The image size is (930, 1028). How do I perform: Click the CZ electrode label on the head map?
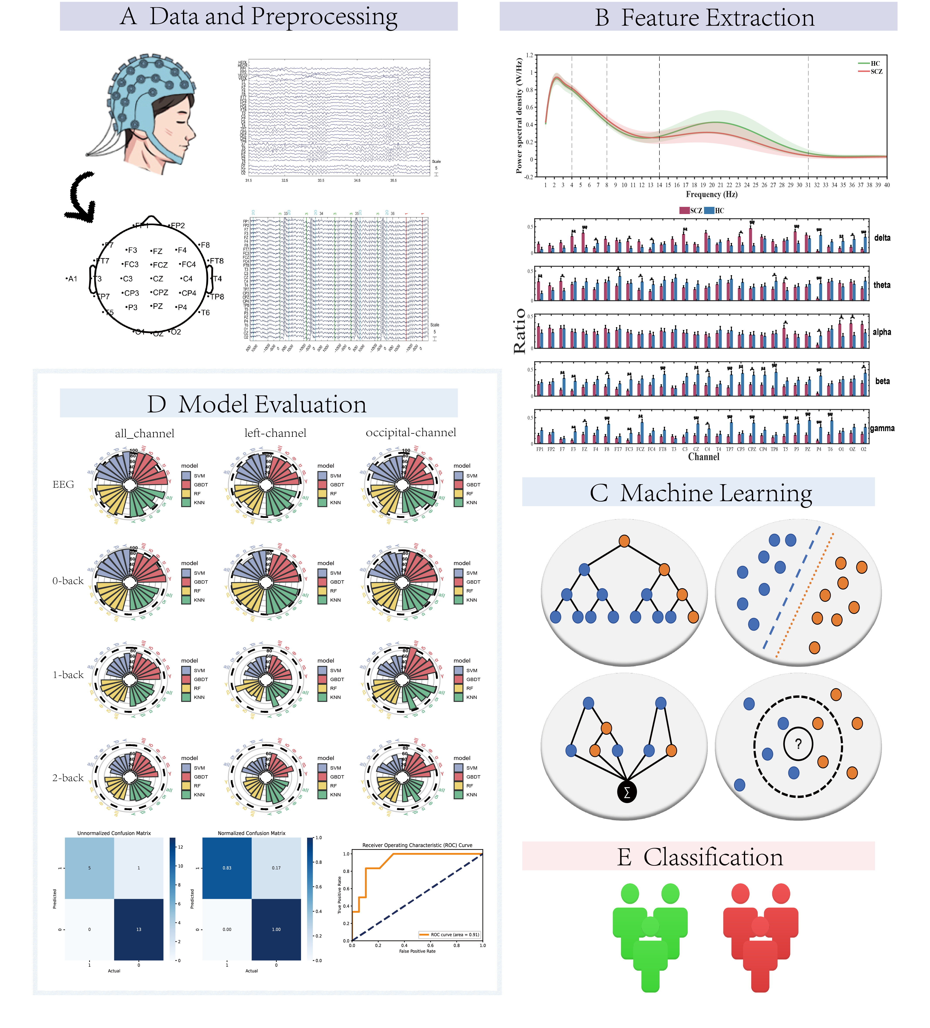coord(157,279)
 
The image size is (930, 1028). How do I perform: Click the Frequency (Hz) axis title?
coord(711,194)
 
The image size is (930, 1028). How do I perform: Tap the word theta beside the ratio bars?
coord(881,285)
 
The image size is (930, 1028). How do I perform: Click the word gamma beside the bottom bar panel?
coord(882,428)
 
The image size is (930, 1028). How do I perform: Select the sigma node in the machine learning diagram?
coord(627,792)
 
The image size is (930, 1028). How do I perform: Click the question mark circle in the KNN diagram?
coord(798,744)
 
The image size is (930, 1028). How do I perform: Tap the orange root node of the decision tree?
coord(624,541)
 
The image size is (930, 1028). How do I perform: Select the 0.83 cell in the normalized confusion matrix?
coord(227,868)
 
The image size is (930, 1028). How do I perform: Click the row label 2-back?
coord(68,778)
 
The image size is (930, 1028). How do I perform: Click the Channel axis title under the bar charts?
coord(704,457)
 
